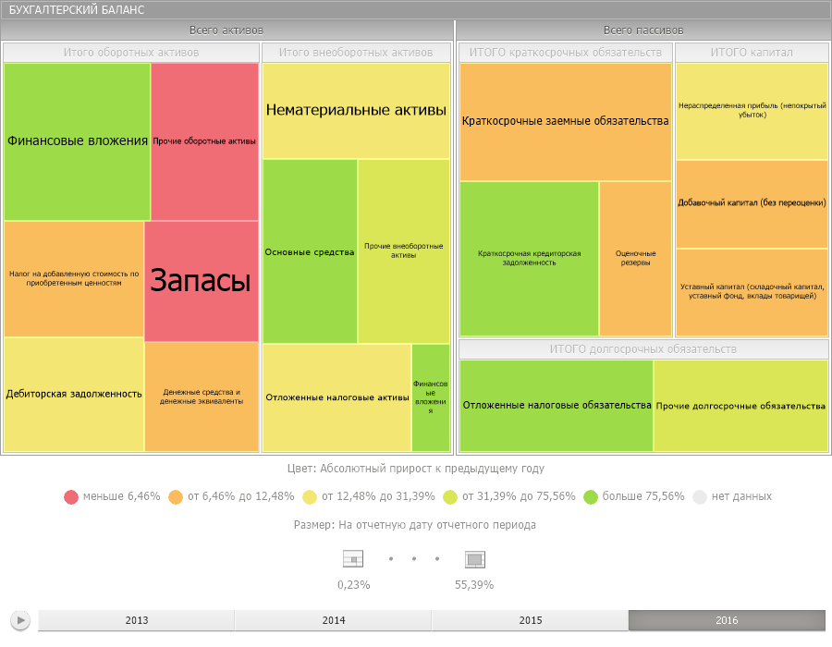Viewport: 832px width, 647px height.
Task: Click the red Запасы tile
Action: tap(201, 281)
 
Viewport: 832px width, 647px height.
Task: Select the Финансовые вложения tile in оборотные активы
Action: tap(78, 141)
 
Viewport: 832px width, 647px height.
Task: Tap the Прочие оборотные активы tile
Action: tap(204, 141)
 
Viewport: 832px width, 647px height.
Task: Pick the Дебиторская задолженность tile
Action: tap(74, 394)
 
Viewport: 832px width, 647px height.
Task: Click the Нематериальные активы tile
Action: tap(356, 111)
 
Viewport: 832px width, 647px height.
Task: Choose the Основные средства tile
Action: tap(310, 251)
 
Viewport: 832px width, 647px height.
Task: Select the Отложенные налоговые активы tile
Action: tap(336, 397)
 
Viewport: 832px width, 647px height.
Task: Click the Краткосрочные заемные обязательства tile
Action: tap(565, 121)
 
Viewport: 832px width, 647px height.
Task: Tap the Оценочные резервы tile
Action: tap(635, 258)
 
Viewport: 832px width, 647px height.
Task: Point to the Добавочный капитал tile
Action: tap(752, 203)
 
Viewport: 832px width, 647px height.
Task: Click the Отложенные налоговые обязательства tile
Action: tap(557, 405)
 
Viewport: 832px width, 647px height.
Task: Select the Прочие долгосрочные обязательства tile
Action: tap(740, 405)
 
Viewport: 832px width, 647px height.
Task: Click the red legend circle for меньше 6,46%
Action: tap(71, 496)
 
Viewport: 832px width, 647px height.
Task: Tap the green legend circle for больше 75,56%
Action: tap(591, 496)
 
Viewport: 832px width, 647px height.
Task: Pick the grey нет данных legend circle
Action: tap(700, 496)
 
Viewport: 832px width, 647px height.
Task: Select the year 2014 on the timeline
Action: tap(333, 620)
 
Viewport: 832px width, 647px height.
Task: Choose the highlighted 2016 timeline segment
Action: tap(727, 620)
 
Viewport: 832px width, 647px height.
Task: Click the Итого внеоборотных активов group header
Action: tap(356, 53)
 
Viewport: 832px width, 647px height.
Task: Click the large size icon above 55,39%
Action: tap(474, 559)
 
